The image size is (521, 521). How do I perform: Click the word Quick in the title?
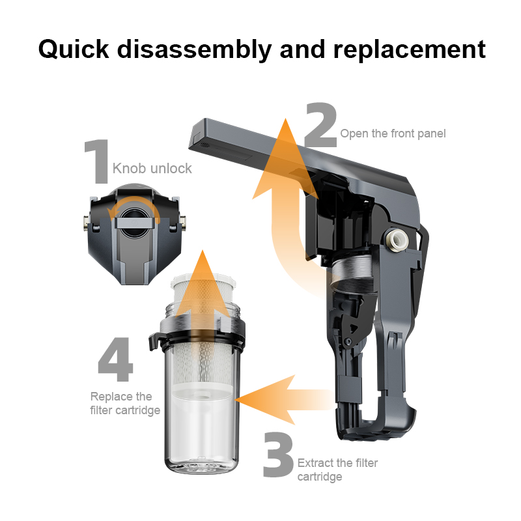pyautogui.click(x=74, y=50)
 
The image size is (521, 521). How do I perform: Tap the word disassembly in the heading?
pyautogui.click(x=194, y=50)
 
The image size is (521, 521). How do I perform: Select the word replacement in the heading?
pyautogui.click(x=410, y=50)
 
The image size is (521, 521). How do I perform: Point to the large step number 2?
pyautogui.click(x=320, y=124)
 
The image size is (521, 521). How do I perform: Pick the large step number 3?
pyautogui.click(x=278, y=455)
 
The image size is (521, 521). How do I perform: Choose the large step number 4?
pyautogui.click(x=115, y=359)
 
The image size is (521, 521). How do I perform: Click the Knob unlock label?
pyautogui.click(x=152, y=169)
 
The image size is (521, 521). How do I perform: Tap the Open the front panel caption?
pyautogui.click(x=393, y=134)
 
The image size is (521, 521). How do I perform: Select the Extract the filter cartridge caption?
pyautogui.click(x=337, y=470)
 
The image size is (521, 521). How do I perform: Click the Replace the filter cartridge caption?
pyautogui.click(x=125, y=403)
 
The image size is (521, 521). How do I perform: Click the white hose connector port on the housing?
pyautogui.click(x=395, y=238)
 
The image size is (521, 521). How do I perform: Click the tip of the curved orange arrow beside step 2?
pyautogui.click(x=285, y=119)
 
